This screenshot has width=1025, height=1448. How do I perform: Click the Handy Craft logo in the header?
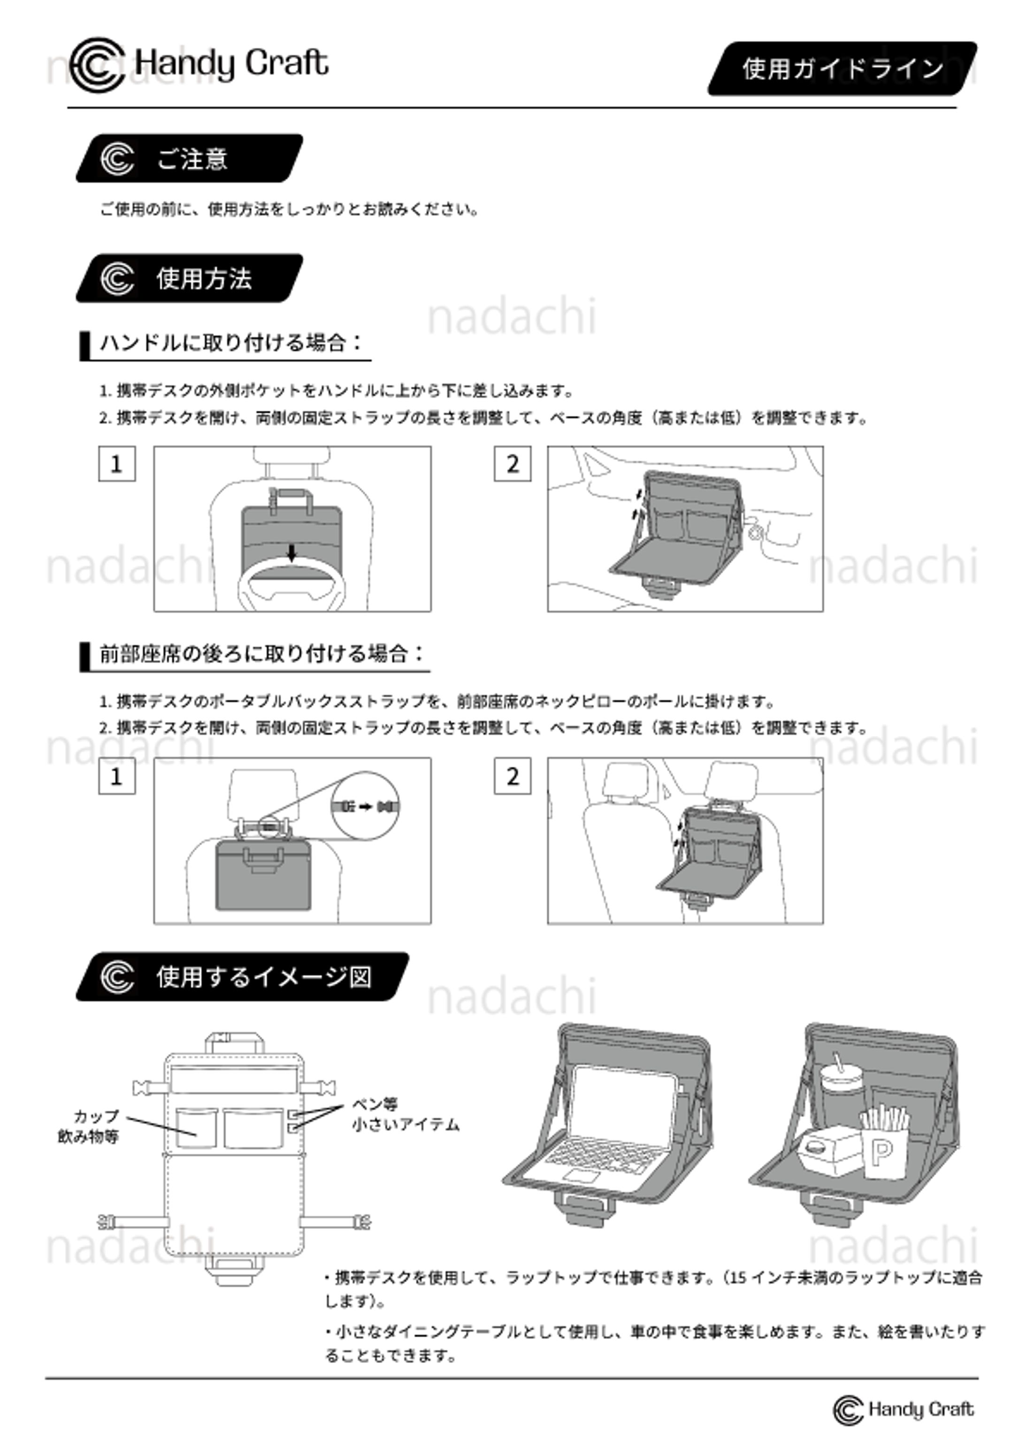(199, 64)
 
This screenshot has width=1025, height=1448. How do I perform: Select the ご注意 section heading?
(189, 159)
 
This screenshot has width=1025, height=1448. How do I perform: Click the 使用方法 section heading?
(189, 278)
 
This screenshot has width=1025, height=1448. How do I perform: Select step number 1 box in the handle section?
(117, 464)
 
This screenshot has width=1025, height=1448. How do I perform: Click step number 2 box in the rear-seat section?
(512, 776)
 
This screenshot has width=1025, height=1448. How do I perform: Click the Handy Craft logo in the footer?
(903, 1410)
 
